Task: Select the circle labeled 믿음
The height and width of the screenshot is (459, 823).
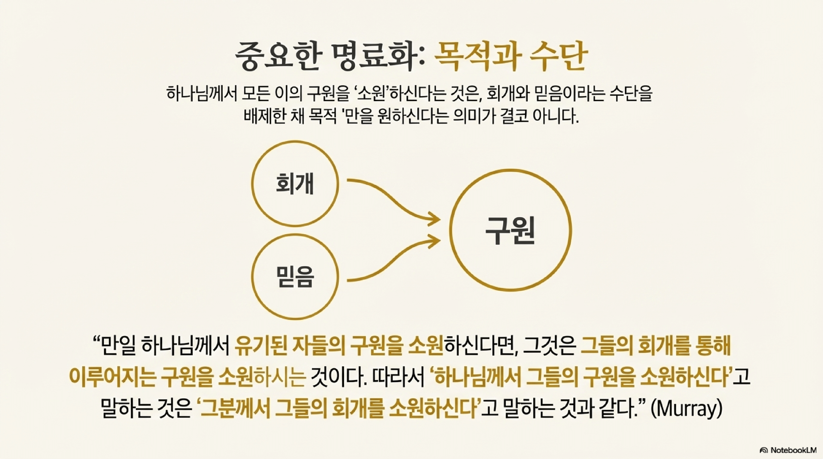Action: pyautogui.click(x=294, y=276)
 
